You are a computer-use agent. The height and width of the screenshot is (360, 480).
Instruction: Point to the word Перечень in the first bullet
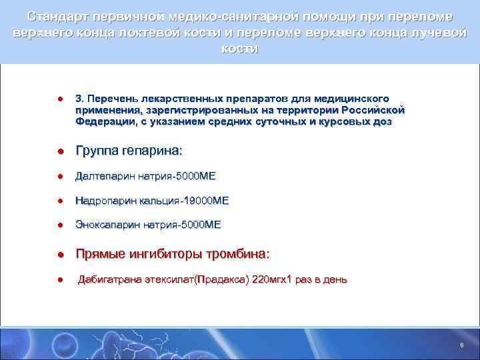click(117, 98)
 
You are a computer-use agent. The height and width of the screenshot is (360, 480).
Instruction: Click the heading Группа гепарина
click(128, 151)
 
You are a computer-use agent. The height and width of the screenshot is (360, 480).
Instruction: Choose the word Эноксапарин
click(109, 225)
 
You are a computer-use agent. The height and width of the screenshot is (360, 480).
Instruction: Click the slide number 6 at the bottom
click(461, 345)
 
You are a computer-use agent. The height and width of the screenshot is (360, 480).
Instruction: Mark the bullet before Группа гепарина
click(60, 152)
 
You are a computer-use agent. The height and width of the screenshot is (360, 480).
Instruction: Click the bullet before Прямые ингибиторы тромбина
click(60, 255)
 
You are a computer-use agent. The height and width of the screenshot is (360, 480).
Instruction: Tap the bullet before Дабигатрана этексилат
click(60, 280)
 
